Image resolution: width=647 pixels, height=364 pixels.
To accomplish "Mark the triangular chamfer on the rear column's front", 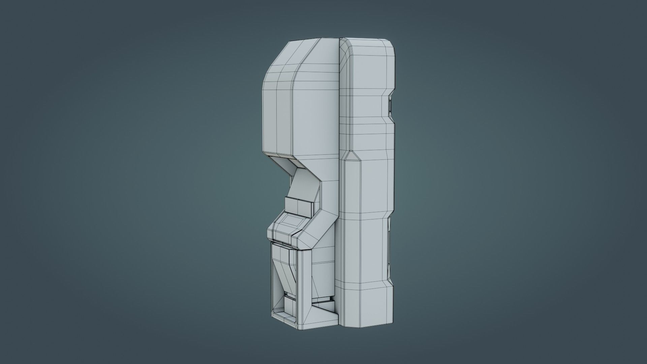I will [350, 158].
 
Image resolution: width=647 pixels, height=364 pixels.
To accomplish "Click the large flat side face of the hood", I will [317, 111].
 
